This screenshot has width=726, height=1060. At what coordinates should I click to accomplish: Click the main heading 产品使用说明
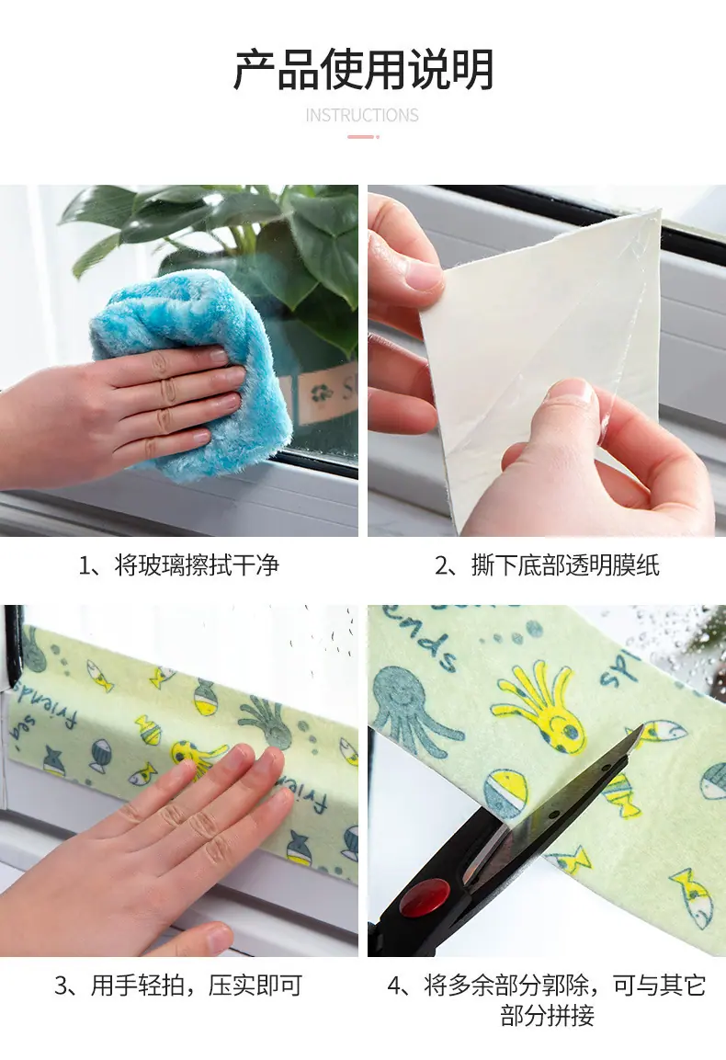363,70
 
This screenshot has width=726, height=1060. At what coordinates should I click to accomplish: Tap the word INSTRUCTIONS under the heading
362,116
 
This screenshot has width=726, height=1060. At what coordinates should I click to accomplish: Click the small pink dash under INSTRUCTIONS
363,137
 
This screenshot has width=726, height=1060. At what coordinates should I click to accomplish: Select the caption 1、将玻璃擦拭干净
179,565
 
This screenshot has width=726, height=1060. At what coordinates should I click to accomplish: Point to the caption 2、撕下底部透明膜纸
547,565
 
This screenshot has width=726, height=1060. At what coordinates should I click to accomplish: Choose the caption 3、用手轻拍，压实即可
178,985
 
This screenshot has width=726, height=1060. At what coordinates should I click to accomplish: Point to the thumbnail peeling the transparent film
547,360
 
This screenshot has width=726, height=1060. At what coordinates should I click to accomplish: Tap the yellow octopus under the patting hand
196,758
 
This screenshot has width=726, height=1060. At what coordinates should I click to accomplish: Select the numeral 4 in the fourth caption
395,986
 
